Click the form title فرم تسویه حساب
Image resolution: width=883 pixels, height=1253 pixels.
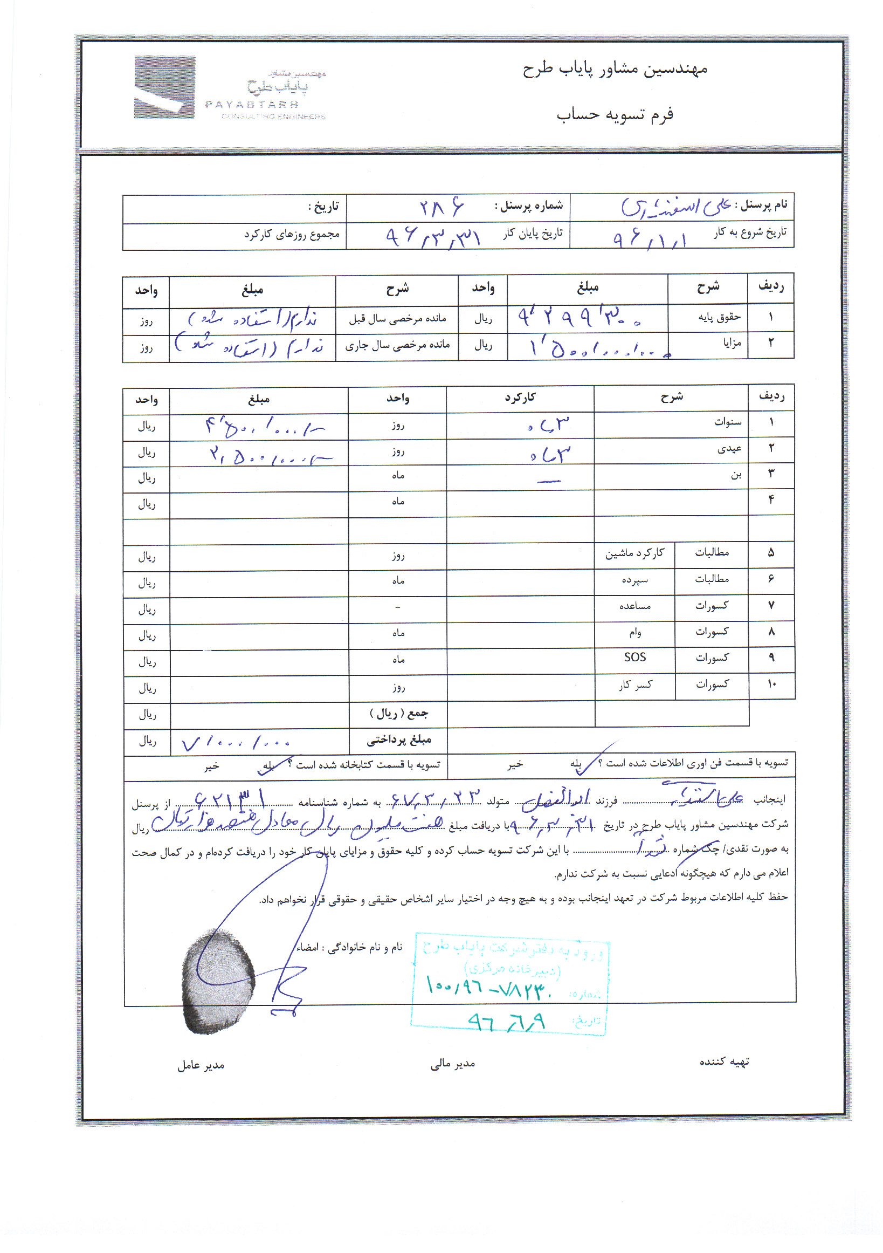click(x=615, y=115)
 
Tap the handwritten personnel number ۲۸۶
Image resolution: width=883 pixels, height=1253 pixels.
click(x=440, y=207)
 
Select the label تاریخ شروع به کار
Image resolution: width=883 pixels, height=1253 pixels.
click(x=750, y=232)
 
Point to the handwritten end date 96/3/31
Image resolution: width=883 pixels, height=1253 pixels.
click(x=433, y=237)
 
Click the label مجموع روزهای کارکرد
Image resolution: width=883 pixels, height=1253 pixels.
click(x=292, y=235)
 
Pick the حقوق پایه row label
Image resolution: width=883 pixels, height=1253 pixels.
click(x=719, y=317)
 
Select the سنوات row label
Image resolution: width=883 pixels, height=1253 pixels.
click(x=728, y=422)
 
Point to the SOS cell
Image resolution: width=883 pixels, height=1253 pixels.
click(x=635, y=657)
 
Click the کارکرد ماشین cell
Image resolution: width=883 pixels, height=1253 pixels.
click(x=634, y=553)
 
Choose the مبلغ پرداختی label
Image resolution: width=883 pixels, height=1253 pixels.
click(x=399, y=740)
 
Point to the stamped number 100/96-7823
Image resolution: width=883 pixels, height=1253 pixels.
click(x=489, y=986)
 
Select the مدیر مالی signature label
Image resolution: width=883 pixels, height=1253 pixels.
click(x=452, y=1064)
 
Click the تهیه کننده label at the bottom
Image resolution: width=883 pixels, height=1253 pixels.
click(x=724, y=1062)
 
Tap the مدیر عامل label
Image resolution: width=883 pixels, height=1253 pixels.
click(x=201, y=1065)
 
